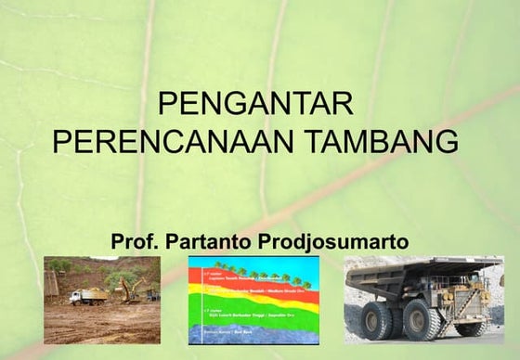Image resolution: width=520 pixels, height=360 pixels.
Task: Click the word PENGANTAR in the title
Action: point(253,103)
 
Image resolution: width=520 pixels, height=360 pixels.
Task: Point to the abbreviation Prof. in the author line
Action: point(136,242)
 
